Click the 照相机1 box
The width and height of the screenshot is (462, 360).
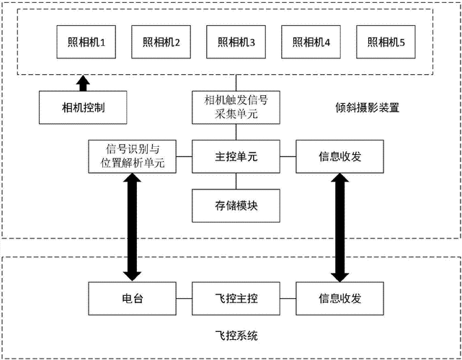(x=84, y=42)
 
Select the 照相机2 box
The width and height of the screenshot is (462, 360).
(x=160, y=42)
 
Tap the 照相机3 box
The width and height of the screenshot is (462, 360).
(x=235, y=42)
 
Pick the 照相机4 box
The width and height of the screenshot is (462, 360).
(x=311, y=42)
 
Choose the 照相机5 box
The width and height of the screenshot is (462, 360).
(x=385, y=42)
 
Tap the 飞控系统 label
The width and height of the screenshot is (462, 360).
(x=235, y=336)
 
